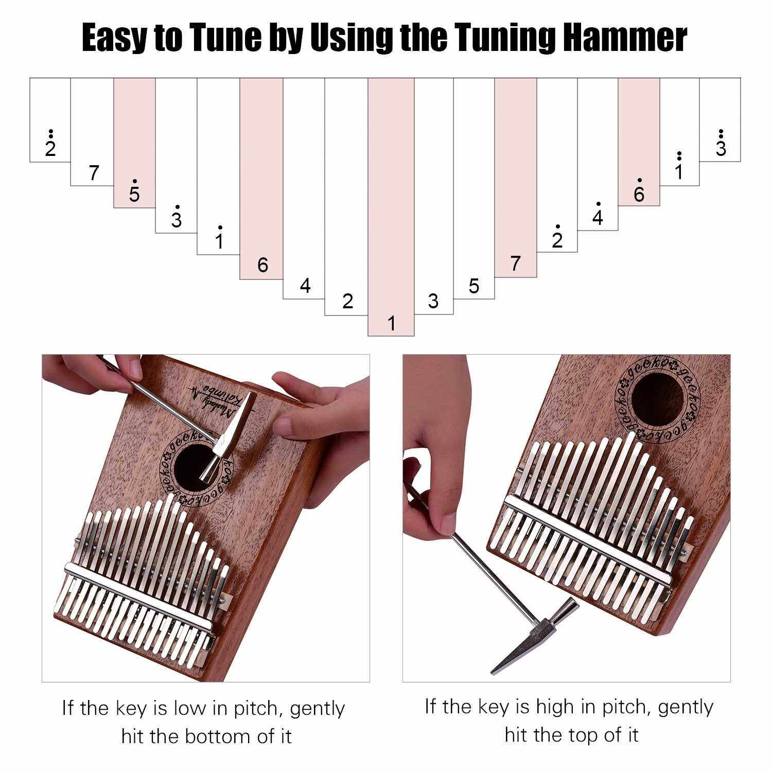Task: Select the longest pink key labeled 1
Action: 391,207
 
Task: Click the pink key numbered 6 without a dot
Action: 261,179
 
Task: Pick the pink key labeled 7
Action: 516,178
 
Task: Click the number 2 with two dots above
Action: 50,144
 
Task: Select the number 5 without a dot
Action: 474,286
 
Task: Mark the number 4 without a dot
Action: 305,286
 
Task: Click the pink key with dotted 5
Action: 134,143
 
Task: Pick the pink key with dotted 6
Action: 639,142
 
